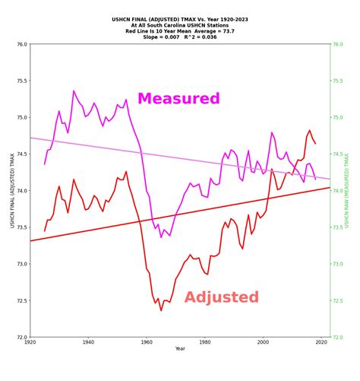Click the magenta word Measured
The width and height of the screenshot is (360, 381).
[178, 99]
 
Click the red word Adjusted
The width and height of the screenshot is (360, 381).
[221, 297]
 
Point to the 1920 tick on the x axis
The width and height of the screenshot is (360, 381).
[30, 343]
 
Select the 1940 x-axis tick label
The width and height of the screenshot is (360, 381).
[88, 343]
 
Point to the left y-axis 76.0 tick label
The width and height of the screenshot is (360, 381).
[21, 44]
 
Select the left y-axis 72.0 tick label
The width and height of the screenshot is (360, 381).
[21, 337]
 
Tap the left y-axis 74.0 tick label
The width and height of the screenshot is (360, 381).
[21, 191]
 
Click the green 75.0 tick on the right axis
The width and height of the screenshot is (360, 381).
[338, 118]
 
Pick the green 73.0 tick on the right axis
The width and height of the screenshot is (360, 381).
[338, 264]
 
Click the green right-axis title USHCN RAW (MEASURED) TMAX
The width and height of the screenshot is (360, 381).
[347, 191]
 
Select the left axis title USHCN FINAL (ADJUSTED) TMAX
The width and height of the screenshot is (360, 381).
[11, 191]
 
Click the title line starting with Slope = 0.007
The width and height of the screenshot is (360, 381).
[179, 37]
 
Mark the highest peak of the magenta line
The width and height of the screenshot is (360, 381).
[74, 91]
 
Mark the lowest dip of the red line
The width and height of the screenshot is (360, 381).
[161, 310]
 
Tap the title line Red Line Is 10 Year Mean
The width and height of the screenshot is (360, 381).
[179, 31]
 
